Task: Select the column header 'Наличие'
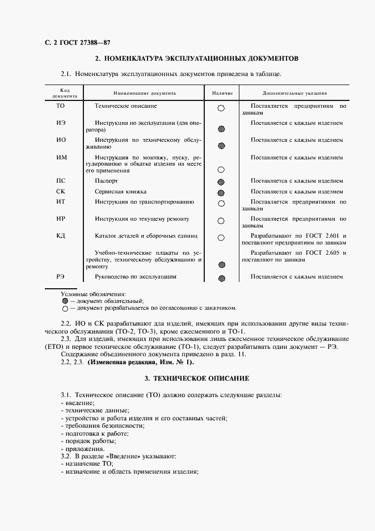pyautogui.click(x=221, y=92)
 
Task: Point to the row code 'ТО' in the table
pyautogui.click(x=61, y=106)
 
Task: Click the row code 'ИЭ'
pyautogui.click(x=61, y=123)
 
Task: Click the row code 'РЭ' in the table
pyautogui.click(x=61, y=277)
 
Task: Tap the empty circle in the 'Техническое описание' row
pyautogui.click(x=221, y=108)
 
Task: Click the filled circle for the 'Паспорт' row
pyautogui.click(x=221, y=182)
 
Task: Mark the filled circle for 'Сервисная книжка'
pyautogui.click(x=221, y=193)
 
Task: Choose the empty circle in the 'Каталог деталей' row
pyautogui.click(x=221, y=238)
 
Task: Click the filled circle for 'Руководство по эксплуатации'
pyautogui.click(x=222, y=279)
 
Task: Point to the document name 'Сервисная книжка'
pyautogui.click(x=121, y=192)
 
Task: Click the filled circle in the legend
pyautogui.click(x=65, y=301)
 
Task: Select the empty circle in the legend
pyautogui.click(x=65, y=309)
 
